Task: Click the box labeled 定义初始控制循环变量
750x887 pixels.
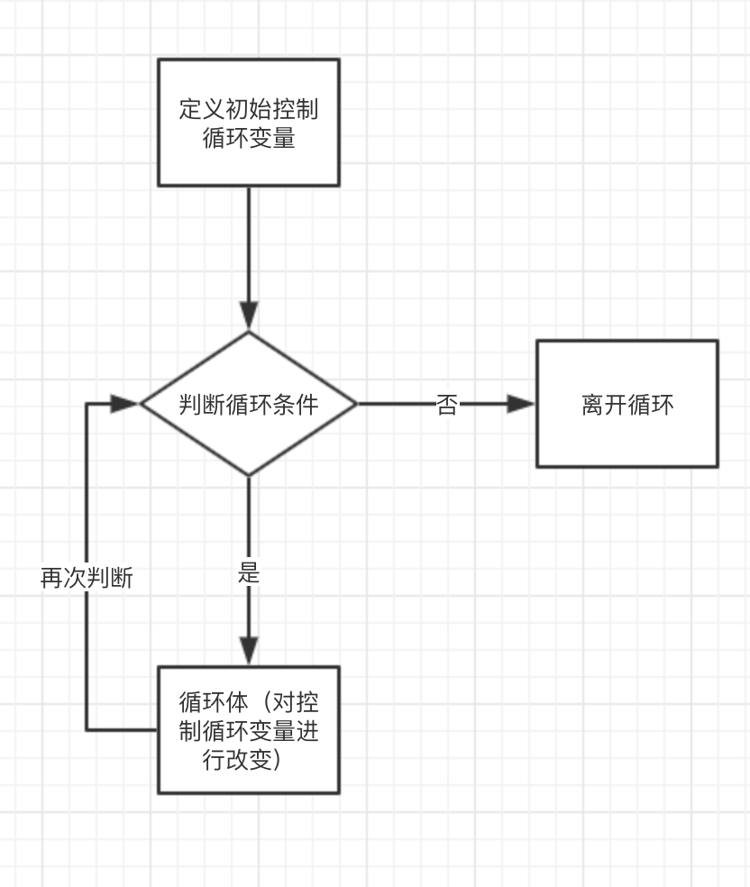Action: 249,123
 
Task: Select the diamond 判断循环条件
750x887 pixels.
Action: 249,404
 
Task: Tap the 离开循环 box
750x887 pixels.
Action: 627,404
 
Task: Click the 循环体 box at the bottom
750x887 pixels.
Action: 249,730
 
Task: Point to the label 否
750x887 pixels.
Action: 447,404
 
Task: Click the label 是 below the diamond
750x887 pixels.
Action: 249,572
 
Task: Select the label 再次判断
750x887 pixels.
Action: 87,578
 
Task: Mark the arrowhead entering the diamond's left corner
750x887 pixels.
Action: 124,404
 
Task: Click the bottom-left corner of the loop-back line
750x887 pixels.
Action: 87,729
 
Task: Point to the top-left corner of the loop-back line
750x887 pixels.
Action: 87,404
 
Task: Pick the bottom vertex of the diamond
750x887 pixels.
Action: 249,475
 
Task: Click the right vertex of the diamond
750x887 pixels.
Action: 357,404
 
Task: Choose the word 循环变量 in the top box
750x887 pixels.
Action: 249,139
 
